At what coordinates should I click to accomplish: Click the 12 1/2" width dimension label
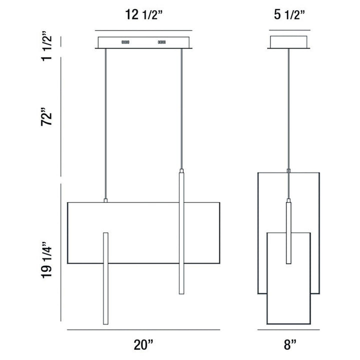(143, 15)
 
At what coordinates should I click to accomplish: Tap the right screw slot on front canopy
(162, 42)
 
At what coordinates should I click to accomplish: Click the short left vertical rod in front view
(105, 278)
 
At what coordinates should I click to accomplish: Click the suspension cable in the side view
(288, 110)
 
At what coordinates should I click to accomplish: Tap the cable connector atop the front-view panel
(105, 200)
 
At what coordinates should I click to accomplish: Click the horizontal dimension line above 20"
(143, 330)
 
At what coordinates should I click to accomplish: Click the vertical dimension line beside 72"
(60, 117)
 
